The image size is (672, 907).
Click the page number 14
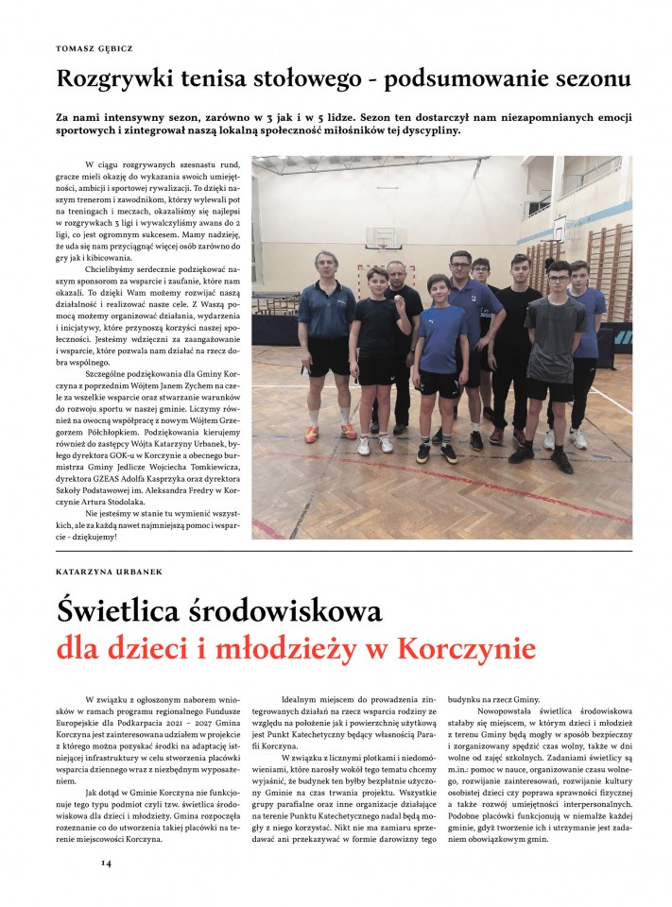click(107, 863)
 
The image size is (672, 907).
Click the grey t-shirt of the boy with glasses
click(555, 338)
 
